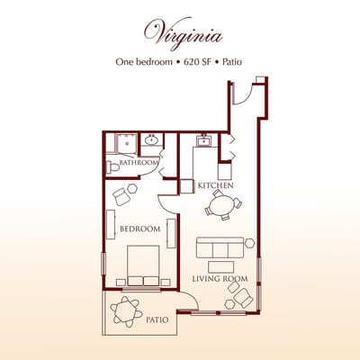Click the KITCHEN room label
coord(216,185)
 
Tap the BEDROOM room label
coord(139,229)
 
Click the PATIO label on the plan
coord(157,319)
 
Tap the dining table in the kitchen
coord(220,205)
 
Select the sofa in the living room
coord(220,247)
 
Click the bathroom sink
coord(152,140)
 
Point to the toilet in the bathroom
coord(112,166)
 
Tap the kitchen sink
coord(204,140)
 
